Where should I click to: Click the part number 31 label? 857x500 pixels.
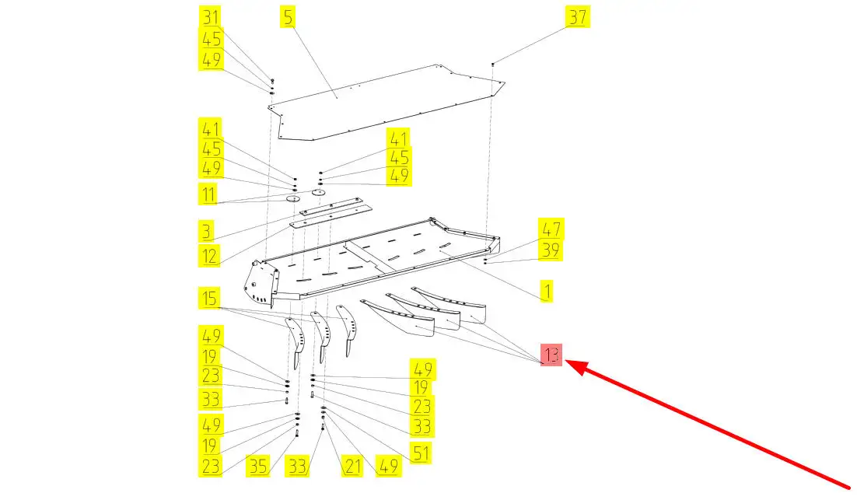tap(211, 18)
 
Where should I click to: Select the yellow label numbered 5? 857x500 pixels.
tap(289, 18)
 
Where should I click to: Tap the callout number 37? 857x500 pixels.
tap(576, 18)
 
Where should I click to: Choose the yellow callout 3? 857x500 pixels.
tap(206, 232)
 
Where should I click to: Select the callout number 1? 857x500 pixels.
tap(547, 292)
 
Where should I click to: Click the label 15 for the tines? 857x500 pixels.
tap(208, 298)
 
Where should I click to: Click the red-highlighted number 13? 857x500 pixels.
tap(552, 356)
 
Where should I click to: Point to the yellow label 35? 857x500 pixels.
tap(258, 467)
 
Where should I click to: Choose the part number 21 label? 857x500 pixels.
tap(354, 467)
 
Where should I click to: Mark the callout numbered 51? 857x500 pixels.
tap(421, 453)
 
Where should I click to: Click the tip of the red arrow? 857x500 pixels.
tap(566, 362)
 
